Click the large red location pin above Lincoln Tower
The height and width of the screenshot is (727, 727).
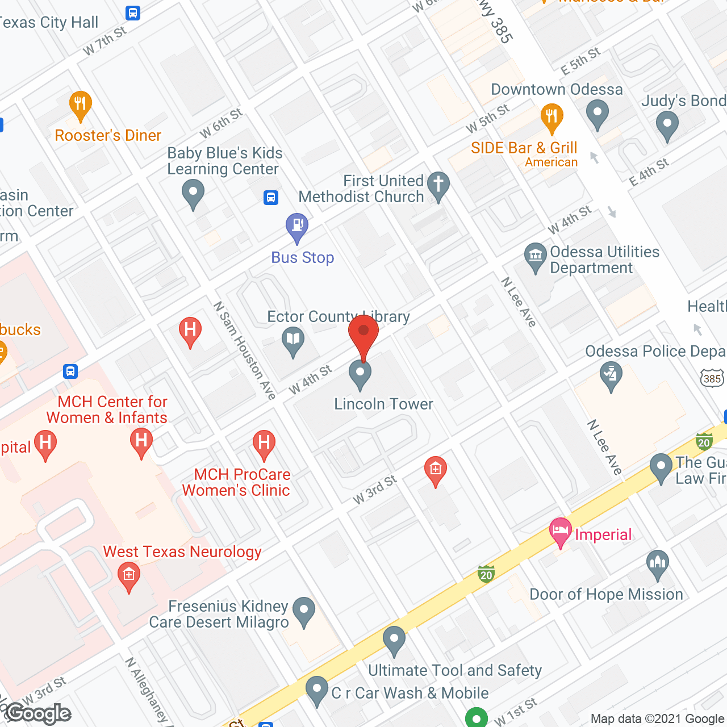pyautogui.click(x=363, y=332)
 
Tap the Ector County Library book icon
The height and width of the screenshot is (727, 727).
pyautogui.click(x=293, y=341)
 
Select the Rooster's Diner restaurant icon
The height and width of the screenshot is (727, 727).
pyautogui.click(x=80, y=105)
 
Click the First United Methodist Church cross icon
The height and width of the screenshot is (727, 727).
pyautogui.click(x=438, y=185)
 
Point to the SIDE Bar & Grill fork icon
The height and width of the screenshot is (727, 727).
pyautogui.click(x=551, y=117)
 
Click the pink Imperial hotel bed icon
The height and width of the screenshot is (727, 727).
pyautogui.click(x=561, y=532)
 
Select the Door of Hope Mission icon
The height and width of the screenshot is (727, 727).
pyautogui.click(x=658, y=563)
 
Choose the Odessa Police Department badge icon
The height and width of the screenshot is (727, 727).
pyautogui.click(x=611, y=375)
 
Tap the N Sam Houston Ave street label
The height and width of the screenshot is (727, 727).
pyautogui.click(x=244, y=350)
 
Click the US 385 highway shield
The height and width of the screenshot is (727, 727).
pyautogui.click(x=712, y=378)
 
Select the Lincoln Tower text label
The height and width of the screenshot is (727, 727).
pyautogui.click(x=383, y=404)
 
